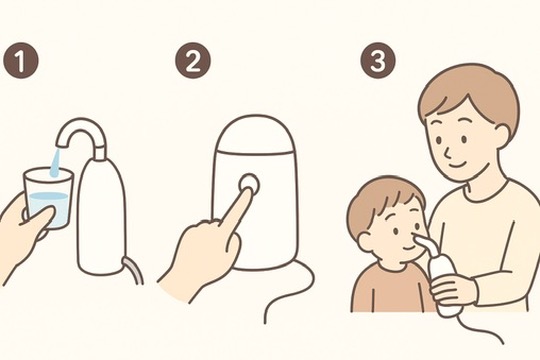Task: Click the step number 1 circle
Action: click(21, 60)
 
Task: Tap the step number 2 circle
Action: click(193, 60)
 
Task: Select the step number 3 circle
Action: click(378, 60)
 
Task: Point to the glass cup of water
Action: click(48, 197)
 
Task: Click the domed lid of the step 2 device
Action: click(254, 134)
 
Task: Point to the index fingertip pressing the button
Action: click(249, 191)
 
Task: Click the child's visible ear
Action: click(365, 241)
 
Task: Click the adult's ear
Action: click(504, 135)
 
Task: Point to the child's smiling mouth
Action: click(408, 248)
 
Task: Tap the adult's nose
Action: click(446, 151)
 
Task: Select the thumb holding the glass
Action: click(38, 219)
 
